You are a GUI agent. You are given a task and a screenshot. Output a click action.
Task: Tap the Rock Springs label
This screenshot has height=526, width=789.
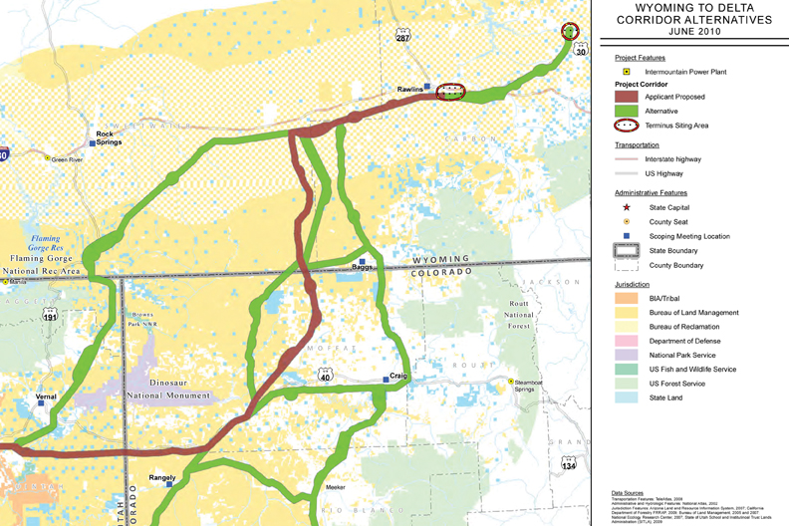pos(105,137)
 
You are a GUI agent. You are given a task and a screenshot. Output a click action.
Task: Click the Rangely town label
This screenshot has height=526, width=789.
pos(161,477)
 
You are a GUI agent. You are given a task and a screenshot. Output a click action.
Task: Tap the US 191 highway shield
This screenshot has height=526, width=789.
pos(49,317)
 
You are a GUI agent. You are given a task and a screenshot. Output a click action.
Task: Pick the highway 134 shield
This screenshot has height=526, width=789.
pos(569,464)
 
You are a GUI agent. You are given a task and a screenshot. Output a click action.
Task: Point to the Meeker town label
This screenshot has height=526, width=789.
pos(335,487)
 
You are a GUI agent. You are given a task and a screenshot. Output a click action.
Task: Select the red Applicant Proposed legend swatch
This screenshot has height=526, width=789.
pos(626,97)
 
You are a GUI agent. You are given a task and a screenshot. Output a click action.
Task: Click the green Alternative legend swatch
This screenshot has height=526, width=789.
pos(626,112)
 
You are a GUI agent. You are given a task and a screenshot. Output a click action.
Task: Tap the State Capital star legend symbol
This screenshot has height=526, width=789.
pos(625,206)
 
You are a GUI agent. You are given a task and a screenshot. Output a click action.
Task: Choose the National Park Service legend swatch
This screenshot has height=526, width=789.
pos(626,355)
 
